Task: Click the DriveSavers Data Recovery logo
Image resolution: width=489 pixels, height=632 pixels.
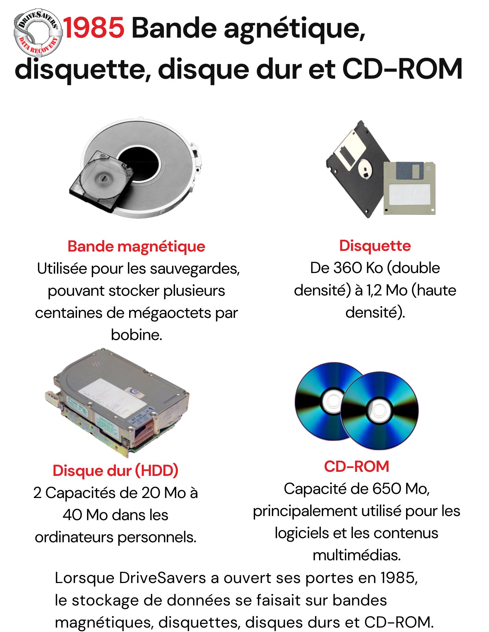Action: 38,32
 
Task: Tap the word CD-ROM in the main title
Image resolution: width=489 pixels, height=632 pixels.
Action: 402,69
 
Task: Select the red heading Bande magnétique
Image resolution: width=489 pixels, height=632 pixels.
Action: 136,246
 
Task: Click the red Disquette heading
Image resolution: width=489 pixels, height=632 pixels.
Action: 375,246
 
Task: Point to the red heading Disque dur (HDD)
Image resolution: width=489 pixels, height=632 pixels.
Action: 116,471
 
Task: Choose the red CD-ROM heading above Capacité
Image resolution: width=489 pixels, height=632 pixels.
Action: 356,466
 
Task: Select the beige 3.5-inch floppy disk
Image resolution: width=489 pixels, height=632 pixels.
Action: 409,188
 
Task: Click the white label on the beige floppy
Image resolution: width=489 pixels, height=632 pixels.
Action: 409,194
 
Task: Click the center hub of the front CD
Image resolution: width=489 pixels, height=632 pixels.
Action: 378,410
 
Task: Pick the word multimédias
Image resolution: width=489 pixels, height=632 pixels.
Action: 357,555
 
